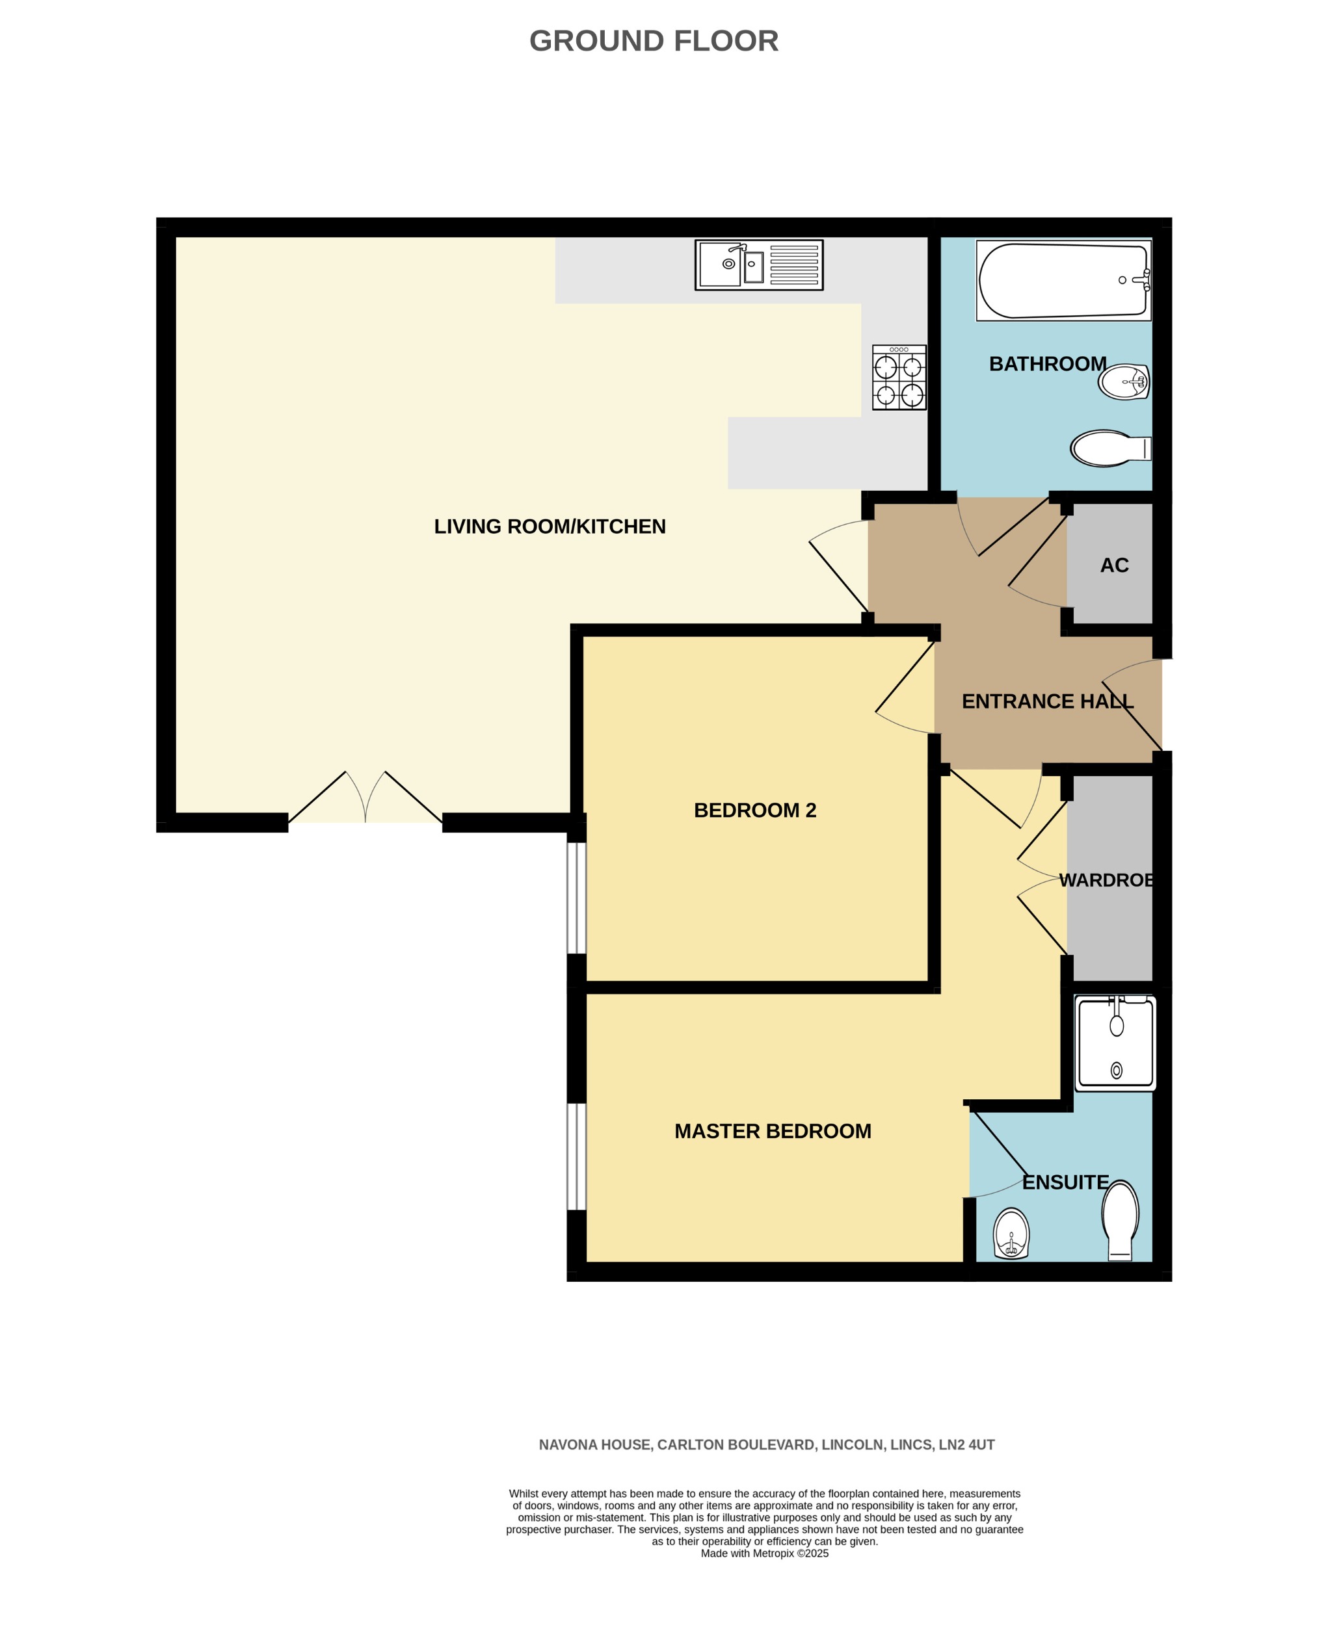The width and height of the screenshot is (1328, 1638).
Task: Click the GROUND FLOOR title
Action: tap(654, 40)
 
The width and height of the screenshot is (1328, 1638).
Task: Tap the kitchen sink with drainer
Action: tap(758, 265)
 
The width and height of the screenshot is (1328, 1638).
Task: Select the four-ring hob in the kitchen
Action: tap(899, 377)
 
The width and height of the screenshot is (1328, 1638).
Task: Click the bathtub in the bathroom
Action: tap(1063, 281)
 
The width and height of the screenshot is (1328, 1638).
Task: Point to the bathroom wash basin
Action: tap(1124, 381)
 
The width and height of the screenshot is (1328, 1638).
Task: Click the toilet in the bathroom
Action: tap(1109, 448)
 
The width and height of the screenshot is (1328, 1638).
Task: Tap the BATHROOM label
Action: tap(1047, 364)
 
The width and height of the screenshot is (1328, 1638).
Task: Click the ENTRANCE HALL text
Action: tap(1047, 701)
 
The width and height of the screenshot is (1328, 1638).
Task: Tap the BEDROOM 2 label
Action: tap(754, 811)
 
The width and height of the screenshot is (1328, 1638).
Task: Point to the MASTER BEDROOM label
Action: tap(773, 1131)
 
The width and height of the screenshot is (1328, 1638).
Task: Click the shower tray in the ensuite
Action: tap(1115, 1043)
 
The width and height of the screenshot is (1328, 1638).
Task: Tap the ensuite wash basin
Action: tap(1011, 1232)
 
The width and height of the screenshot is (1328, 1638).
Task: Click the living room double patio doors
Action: tap(365, 799)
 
